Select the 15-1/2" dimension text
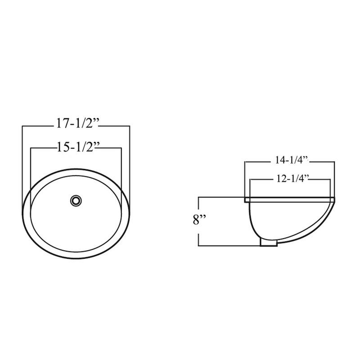click(76, 147)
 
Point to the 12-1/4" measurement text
click(290, 179)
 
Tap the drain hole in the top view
click(76, 199)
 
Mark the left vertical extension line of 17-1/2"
click(22, 162)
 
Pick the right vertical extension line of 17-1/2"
click(130, 162)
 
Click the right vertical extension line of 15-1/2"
click(122, 171)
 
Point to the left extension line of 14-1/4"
click(244, 180)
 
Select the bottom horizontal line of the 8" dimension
click(229, 246)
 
